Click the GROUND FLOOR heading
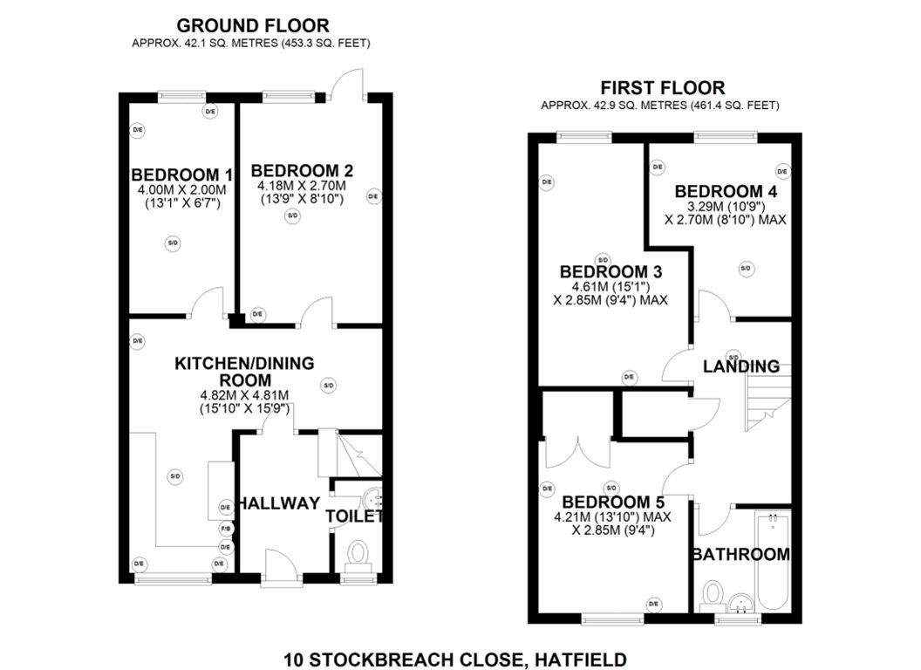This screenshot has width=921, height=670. [x=253, y=25]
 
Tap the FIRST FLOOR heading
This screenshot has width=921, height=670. [x=662, y=88]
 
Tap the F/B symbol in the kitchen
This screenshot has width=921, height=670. [x=225, y=529]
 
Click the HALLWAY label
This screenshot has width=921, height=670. [x=280, y=503]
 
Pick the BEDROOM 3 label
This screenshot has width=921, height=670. [x=611, y=271]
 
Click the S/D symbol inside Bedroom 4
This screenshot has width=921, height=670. [x=746, y=269]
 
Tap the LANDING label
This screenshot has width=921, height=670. [x=741, y=366]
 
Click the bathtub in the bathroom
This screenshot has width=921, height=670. [x=773, y=558]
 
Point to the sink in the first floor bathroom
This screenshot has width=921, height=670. [x=742, y=601]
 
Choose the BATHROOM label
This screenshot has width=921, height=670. [x=740, y=554]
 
